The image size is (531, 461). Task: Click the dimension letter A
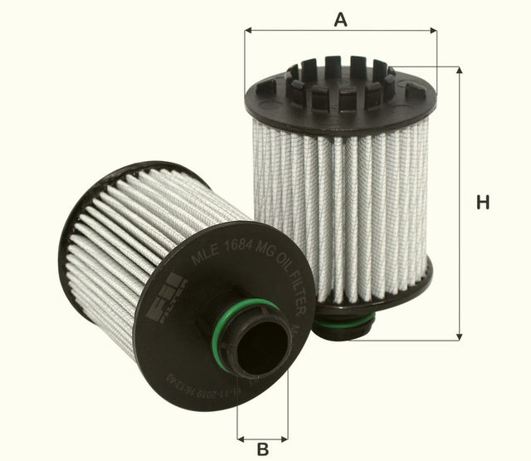[x=340, y=18]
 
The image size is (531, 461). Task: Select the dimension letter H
[x=483, y=202]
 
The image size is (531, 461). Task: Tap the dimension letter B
[x=263, y=449]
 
